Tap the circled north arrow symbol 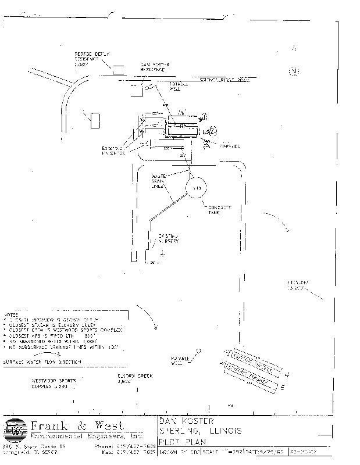tap(295, 71)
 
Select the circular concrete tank tap(196, 189)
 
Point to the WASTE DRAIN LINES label tap(159, 180)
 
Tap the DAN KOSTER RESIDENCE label tap(154, 67)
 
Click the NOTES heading tap(12, 314)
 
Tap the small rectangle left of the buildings tap(94, 120)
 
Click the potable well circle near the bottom tap(199, 350)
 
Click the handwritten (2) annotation tap(212, 131)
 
